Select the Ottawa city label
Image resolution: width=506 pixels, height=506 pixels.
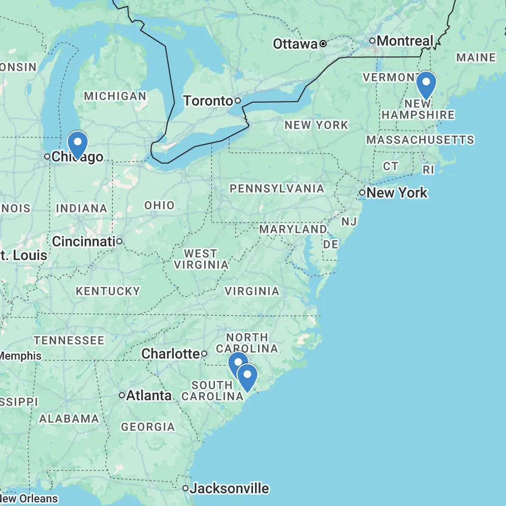point(295,44)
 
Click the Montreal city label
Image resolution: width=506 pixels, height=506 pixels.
point(405,41)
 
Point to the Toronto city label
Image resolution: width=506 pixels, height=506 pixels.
point(208,101)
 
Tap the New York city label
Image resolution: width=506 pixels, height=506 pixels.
point(397,193)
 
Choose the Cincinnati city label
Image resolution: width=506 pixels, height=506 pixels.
point(83,241)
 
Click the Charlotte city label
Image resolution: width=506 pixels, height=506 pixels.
point(170,354)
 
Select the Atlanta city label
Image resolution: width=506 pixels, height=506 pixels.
point(149,395)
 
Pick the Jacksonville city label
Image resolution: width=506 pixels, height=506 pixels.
point(229,489)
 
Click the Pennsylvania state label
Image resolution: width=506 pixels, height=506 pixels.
point(277,189)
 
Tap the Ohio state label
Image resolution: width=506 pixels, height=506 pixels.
point(160,206)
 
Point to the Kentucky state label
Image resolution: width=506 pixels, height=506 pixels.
point(108,291)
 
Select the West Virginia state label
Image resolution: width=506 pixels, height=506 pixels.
point(201,259)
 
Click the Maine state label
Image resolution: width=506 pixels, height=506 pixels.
point(476,57)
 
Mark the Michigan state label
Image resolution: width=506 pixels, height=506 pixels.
point(115,96)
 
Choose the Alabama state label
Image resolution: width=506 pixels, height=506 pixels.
point(69,419)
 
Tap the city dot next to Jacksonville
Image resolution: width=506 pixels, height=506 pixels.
point(185,489)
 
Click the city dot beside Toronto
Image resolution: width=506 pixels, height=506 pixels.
point(237,101)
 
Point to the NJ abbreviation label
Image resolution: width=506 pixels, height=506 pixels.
point(349,222)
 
